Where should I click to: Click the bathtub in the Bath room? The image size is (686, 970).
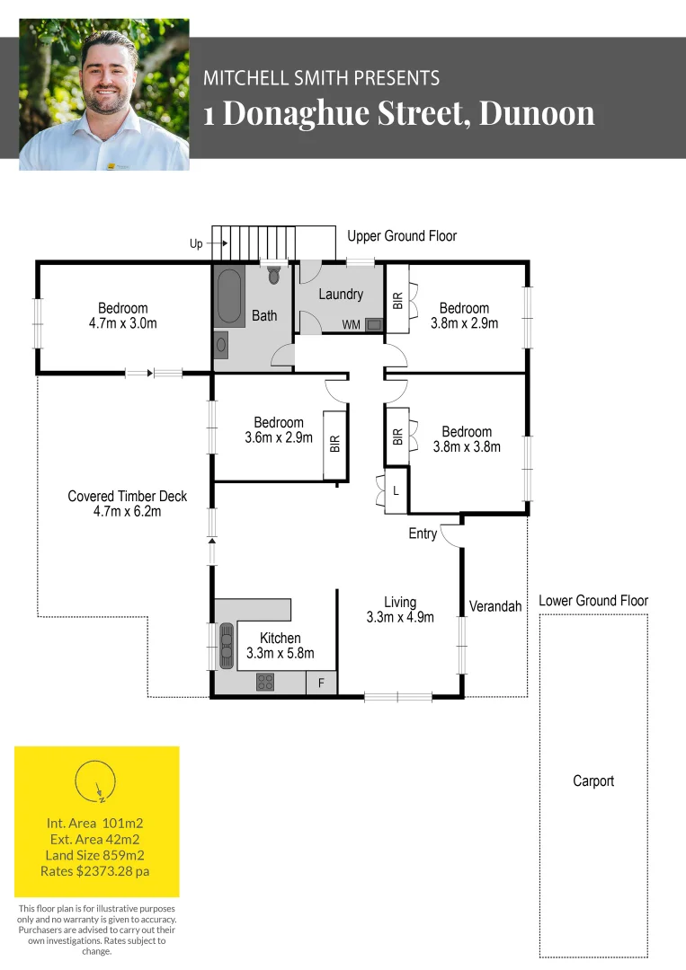coord(229,295)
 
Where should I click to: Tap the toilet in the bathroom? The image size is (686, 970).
coord(274,275)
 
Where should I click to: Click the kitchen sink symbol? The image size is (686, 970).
coord(225,645)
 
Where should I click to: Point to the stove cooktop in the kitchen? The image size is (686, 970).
coord(264,682)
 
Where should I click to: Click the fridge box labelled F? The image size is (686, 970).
coord(321,683)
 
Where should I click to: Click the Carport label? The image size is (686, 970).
coord(593,781)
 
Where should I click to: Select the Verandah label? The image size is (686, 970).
coord(495,606)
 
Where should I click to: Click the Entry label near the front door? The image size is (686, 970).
coord(423,533)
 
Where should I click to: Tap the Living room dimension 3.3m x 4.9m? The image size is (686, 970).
coord(400,617)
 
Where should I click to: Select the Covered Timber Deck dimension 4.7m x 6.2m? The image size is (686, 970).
coord(128,511)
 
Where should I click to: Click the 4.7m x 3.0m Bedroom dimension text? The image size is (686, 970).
coord(123,323)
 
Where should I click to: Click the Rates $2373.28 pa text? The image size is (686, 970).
coord(95,871)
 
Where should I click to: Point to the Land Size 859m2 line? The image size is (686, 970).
coord(95,855)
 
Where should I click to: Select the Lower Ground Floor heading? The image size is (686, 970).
coord(593,601)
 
